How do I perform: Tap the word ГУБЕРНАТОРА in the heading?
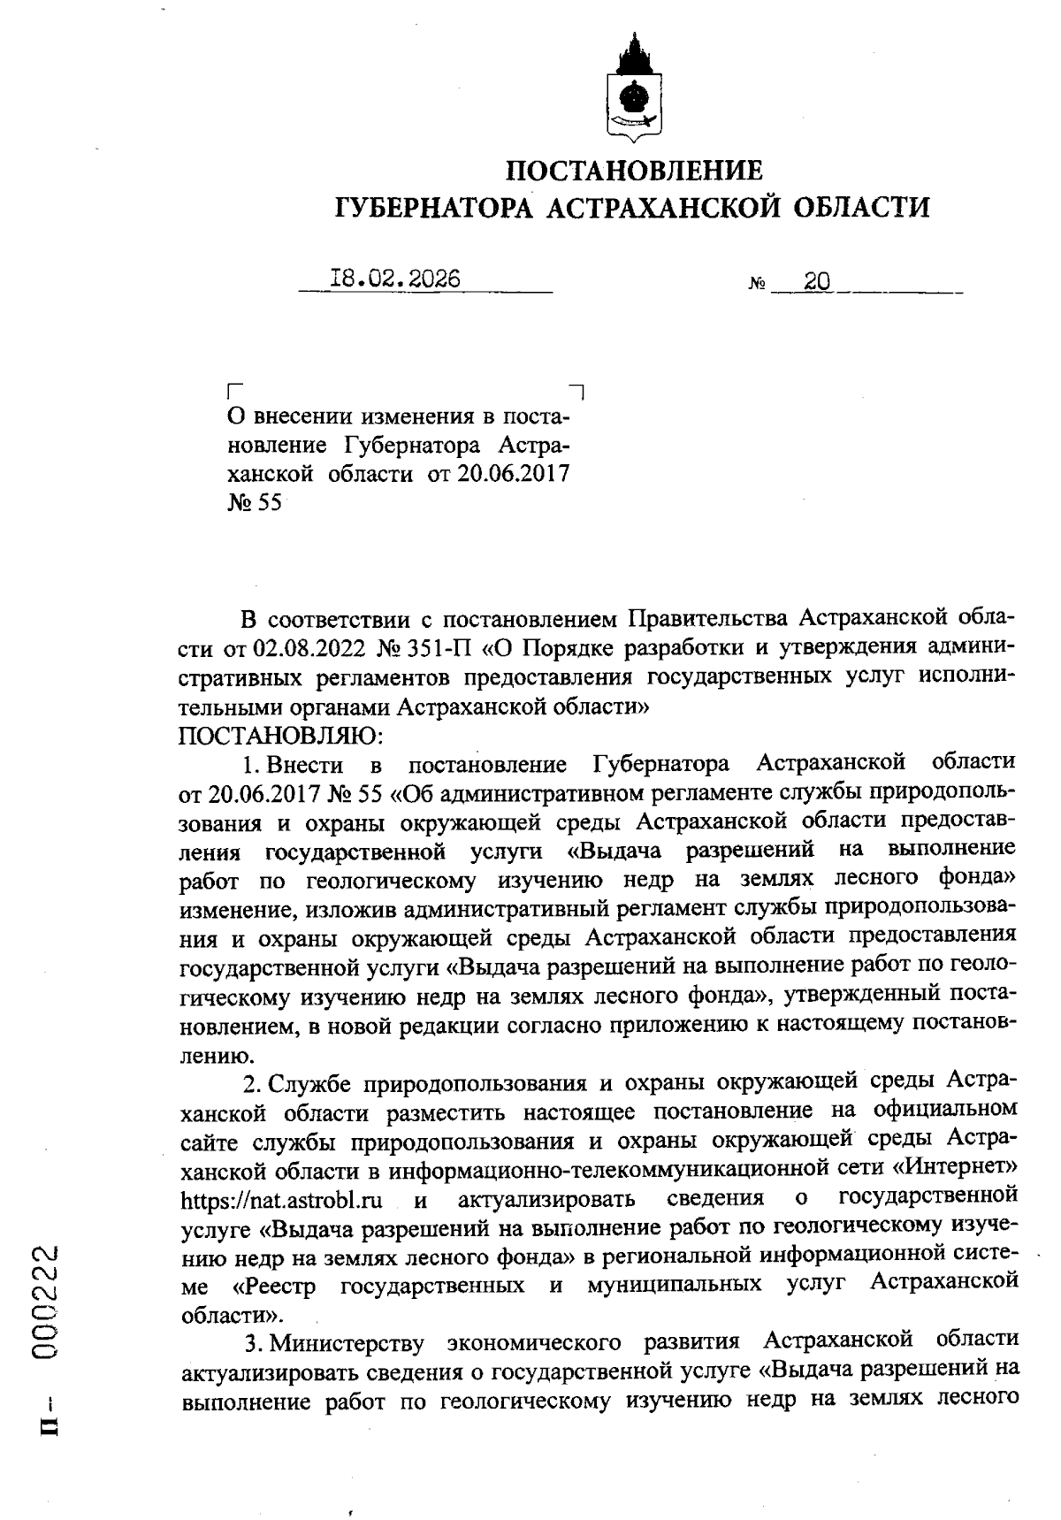click(434, 208)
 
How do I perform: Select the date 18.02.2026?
click(394, 279)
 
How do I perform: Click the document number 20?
click(817, 282)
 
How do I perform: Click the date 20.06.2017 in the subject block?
click(512, 473)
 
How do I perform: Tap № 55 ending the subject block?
click(254, 503)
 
